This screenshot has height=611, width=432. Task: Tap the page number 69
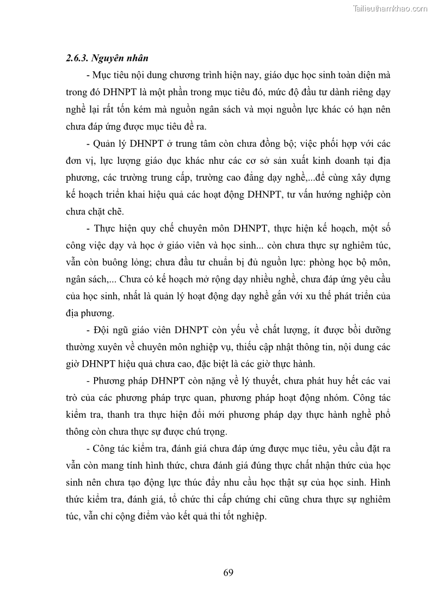tap(228, 572)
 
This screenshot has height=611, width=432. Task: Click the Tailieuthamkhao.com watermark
tap(390, 8)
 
